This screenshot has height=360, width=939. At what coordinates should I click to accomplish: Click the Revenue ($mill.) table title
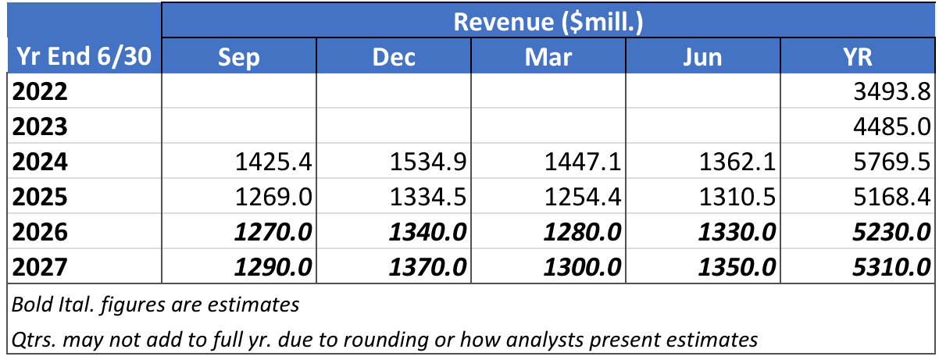pos(548,22)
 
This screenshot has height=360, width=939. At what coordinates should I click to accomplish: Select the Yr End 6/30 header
pos(84,56)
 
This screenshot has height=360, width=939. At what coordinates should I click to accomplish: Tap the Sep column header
pos(239,59)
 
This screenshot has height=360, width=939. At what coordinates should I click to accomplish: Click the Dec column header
pos(394,57)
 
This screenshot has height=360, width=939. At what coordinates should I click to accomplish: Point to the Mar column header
pos(548,57)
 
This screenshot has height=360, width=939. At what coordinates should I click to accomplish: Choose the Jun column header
pos(702,57)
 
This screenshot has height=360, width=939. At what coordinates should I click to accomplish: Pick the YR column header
pos(858,57)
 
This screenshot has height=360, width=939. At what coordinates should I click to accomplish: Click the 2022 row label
pos(40,91)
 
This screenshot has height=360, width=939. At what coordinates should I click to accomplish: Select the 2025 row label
pos(40,197)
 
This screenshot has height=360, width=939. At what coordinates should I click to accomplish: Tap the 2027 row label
pos(40,267)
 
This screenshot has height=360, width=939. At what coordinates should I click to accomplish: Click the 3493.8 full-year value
pos(892,91)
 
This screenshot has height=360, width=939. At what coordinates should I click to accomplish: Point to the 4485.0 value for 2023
pos(892,127)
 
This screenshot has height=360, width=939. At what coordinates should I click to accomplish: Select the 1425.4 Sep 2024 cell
pos(273,162)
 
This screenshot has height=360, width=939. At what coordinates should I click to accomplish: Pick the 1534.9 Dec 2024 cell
pos(428,162)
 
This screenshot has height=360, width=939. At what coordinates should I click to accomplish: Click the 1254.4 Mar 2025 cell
pos(583,197)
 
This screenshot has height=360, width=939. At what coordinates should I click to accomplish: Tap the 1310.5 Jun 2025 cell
pos(737,197)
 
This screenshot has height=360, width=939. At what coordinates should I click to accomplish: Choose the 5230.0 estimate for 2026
pos(891,232)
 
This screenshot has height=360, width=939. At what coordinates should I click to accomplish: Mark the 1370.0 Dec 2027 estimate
pos(427,267)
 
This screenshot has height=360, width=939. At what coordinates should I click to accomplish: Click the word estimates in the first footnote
pos(253,305)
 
